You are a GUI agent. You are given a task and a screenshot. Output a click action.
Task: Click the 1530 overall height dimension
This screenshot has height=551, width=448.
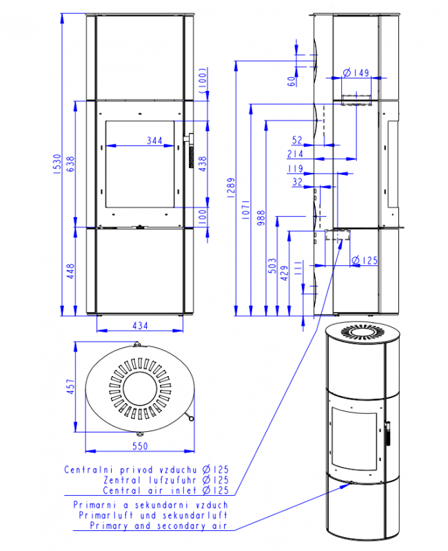pyautogui.click(x=57, y=163)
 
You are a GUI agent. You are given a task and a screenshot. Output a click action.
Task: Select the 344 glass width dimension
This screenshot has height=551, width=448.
pyautogui.click(x=154, y=141)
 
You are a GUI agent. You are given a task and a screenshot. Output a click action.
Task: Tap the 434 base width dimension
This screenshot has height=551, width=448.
pyautogui.click(x=140, y=326)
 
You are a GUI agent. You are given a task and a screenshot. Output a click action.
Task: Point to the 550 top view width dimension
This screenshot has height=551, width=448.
pyautogui.click(x=140, y=446)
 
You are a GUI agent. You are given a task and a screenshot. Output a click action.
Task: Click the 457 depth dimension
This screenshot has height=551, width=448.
pyautogui.click(x=71, y=386)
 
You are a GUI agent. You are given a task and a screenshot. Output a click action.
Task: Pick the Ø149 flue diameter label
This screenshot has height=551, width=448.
pyautogui.click(x=356, y=73)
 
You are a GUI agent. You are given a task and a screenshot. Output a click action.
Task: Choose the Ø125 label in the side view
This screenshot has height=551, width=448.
pyautogui.click(x=365, y=260)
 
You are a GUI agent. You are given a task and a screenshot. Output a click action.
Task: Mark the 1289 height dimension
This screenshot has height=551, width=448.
pyautogui.click(x=231, y=188)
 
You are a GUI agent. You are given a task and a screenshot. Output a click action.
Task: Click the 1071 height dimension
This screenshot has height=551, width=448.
pyautogui.click(x=246, y=210)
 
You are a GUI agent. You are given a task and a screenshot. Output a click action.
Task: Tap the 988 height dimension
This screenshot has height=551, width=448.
pyautogui.click(x=261, y=218)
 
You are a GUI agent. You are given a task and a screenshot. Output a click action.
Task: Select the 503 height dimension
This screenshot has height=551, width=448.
pyautogui.click(x=272, y=266)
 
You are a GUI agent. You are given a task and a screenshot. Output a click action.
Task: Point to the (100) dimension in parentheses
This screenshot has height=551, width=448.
pyautogui.click(x=203, y=81)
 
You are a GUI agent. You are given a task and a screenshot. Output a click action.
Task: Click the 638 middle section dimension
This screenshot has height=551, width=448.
pyautogui.click(x=71, y=164)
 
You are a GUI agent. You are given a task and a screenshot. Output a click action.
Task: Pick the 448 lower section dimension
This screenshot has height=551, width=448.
pyautogui.click(x=71, y=271)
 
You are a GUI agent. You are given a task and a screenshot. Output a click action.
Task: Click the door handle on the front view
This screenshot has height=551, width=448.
pyautogui.click(x=190, y=150)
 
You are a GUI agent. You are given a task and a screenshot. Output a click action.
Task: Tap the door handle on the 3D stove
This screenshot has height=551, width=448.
pyautogui.click(x=388, y=433)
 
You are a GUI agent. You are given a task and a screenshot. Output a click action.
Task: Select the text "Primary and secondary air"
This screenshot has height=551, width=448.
pyautogui.click(x=159, y=526)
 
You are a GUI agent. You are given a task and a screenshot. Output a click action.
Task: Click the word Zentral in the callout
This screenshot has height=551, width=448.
pyautogui.click(x=123, y=479)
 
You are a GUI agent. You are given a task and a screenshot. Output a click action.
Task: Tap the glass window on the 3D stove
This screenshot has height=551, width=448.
pyautogui.click(x=354, y=439)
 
